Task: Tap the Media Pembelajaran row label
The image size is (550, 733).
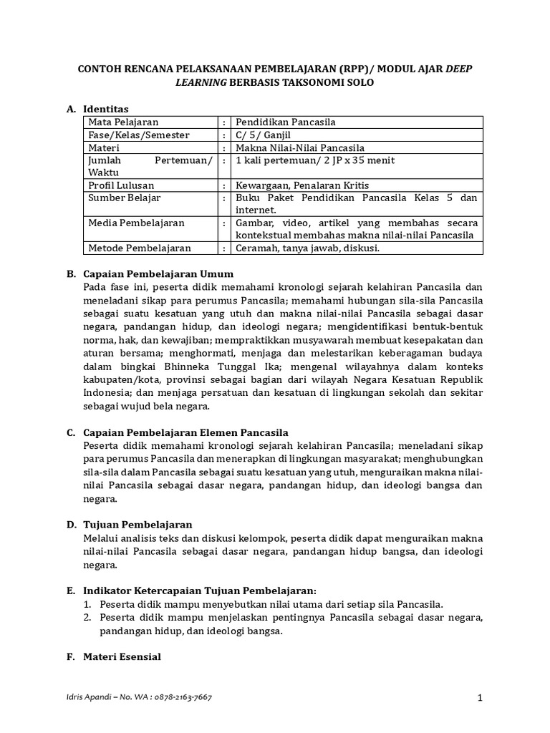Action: (x=135, y=223)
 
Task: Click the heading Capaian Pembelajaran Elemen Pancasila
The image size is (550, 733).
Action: (x=185, y=432)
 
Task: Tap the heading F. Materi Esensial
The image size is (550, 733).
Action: (x=114, y=656)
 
